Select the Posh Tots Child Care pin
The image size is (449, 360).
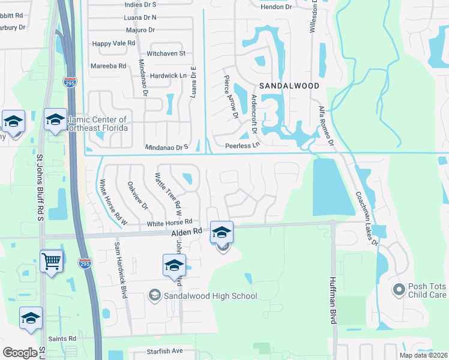pyautogui.click(x=399, y=290)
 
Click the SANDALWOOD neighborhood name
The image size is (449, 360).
pyautogui.click(x=289, y=86)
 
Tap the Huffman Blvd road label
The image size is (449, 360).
pyautogui.click(x=333, y=301)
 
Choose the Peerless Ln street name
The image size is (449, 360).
pyautogui.click(x=242, y=145)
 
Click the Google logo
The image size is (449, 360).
pyautogui.click(x=20, y=353)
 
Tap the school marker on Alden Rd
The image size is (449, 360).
pyautogui.click(x=221, y=231)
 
